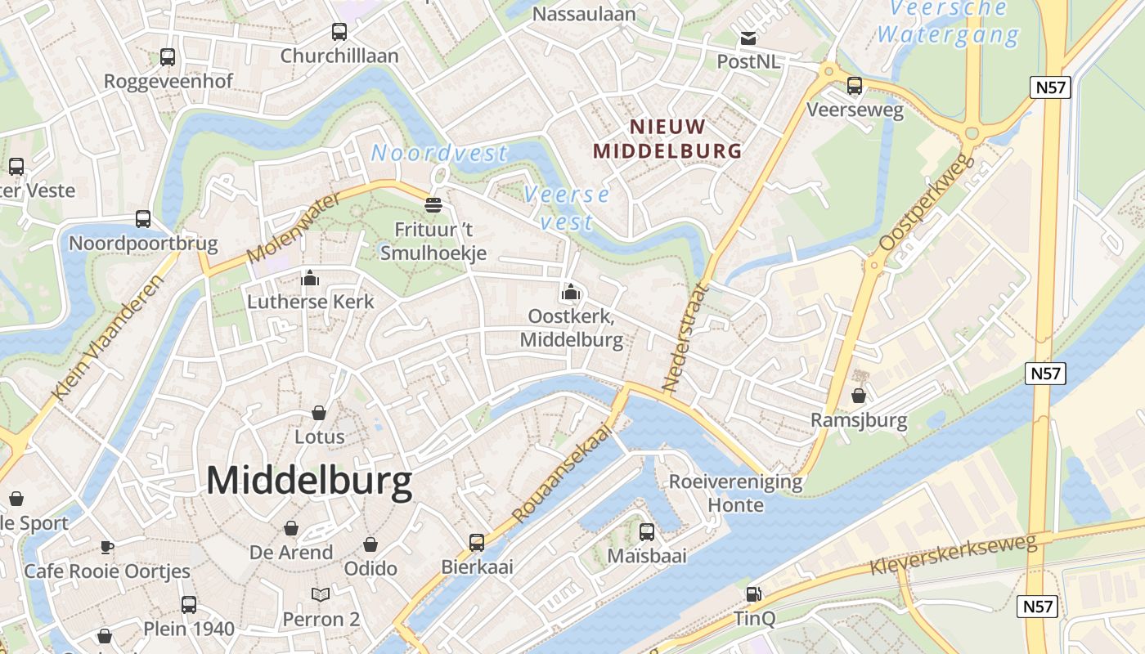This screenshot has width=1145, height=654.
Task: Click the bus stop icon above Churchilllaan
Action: coord(339,32)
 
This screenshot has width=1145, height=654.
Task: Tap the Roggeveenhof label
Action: coord(168,81)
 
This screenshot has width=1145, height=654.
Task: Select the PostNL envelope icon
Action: coord(748,38)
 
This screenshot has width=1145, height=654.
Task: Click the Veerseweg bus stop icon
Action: coord(855,86)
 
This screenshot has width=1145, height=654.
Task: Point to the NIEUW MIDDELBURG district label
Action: coord(667,138)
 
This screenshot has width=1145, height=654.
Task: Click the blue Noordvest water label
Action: coord(439,153)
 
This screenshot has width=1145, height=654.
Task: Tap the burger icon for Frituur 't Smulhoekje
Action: coord(433,204)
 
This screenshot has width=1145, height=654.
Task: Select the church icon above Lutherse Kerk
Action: coord(310,279)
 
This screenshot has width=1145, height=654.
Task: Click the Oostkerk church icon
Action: coord(571,292)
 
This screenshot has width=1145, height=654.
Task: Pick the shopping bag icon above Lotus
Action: coord(319,413)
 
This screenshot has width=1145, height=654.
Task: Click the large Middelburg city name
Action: coord(309,481)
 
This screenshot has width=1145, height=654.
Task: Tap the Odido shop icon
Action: coord(370,544)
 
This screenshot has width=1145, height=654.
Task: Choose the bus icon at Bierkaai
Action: coord(476,542)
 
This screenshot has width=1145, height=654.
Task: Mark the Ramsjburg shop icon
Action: coord(859,396)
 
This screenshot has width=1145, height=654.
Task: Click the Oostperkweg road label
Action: coord(927,202)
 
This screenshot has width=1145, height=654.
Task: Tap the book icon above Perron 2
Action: coord(321,595)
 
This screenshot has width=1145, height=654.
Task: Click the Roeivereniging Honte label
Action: coord(735,493)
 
